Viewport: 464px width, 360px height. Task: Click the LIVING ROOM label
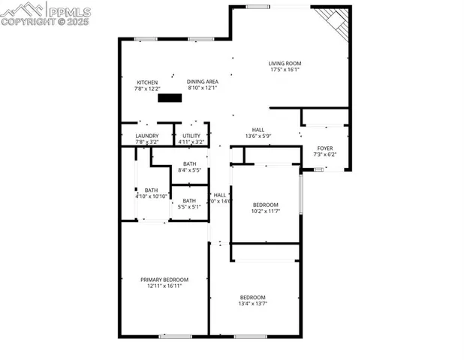[285, 63]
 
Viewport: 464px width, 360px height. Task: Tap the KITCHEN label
[147, 82]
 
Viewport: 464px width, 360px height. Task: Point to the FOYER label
[325, 148]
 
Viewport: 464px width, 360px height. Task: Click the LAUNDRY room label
[147, 136]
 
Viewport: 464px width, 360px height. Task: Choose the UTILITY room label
[191, 136]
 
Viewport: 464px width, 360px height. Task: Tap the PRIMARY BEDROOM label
[164, 279]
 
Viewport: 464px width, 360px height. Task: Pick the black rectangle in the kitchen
[170, 97]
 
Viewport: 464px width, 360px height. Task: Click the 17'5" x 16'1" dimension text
[285, 70]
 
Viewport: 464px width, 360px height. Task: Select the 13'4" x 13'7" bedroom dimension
[253, 304]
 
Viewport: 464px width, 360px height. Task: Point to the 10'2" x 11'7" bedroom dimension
[265, 211]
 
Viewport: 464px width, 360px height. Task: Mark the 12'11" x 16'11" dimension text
[164, 286]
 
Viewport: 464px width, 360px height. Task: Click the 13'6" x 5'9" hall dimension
[258, 136]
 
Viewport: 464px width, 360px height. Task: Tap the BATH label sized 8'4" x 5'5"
[189, 163]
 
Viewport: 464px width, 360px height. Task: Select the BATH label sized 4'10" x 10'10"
[152, 190]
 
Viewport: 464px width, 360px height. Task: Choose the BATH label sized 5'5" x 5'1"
[189, 200]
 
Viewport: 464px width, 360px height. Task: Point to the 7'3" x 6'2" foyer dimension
[325, 155]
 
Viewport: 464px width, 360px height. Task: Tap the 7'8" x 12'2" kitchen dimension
[147, 88]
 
